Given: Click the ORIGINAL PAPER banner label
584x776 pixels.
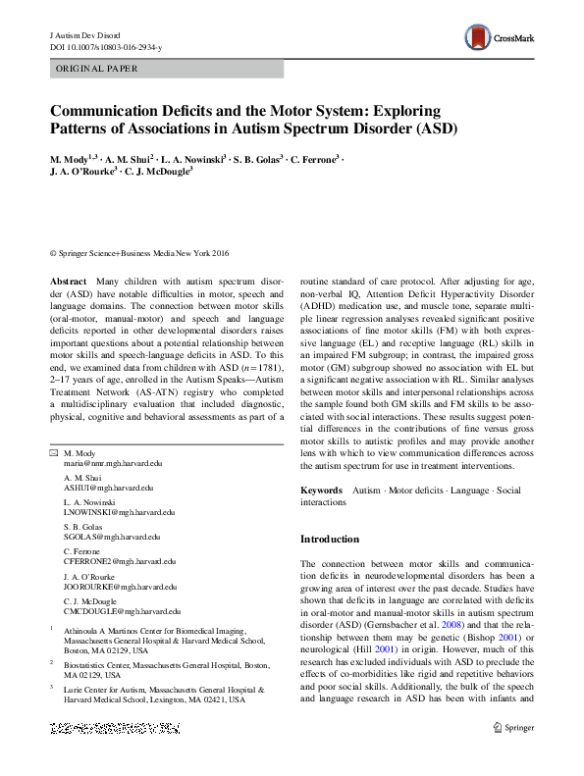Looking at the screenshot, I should click(96, 69).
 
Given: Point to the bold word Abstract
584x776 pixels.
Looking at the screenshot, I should click(68, 282).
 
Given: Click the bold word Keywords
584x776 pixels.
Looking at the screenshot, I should click(321, 490).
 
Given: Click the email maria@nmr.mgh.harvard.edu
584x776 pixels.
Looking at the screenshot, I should click(113, 462).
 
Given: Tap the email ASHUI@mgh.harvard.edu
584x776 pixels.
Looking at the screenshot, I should click(108, 488).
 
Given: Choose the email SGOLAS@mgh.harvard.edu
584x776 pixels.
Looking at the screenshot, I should click(110, 538).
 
